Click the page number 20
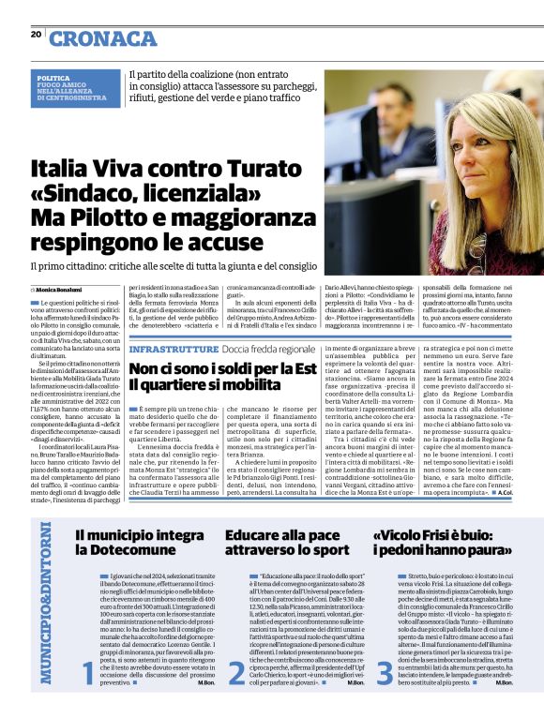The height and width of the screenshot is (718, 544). (x=36, y=35)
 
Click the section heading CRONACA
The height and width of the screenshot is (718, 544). (x=102, y=38)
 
